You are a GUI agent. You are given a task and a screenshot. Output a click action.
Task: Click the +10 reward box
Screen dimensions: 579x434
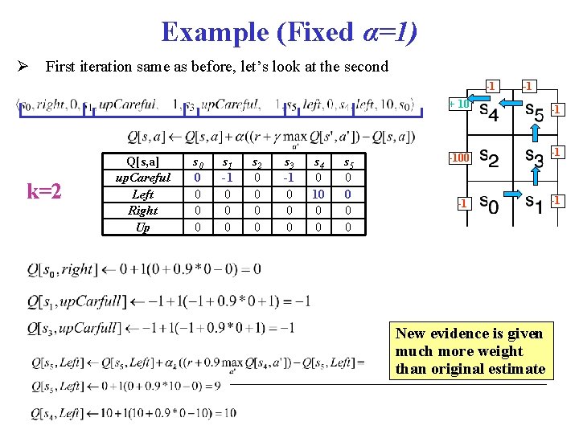459,104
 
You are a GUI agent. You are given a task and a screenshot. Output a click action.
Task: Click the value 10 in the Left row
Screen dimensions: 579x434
318,194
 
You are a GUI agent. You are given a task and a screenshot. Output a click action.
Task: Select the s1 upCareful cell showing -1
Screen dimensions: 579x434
228,178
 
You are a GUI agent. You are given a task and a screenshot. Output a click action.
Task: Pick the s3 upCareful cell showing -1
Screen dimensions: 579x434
288,178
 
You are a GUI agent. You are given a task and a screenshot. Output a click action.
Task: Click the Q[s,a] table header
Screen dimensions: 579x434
142,162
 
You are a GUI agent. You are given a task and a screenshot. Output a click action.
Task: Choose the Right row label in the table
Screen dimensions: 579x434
142,211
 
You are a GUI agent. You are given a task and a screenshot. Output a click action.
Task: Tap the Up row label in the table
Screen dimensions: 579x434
142,227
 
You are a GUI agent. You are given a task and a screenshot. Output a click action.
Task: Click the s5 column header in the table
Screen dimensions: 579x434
347,162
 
